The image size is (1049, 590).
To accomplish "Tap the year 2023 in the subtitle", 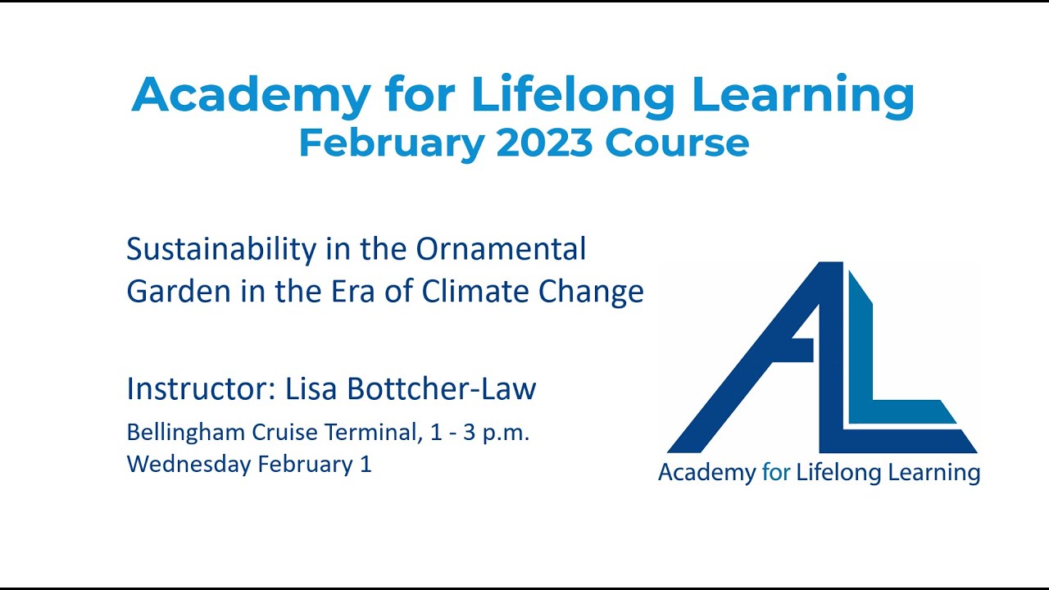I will pos(543,143).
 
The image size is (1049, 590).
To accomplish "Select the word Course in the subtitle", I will pos(677,143).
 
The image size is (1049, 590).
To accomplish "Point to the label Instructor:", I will pos(201,388).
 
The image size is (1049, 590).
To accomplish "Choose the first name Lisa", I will pos(311,388).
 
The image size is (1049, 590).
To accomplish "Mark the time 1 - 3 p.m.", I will pos(479,433).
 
